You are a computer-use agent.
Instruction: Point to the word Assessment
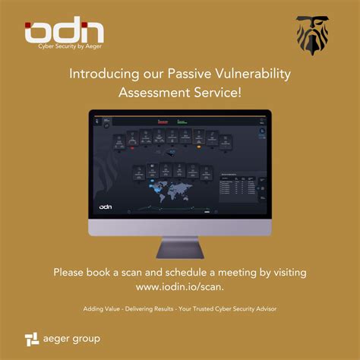(154, 93)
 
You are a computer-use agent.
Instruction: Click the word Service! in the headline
(219, 93)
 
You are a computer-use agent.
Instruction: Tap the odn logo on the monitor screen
(111, 205)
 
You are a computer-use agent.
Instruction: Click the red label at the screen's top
(161, 120)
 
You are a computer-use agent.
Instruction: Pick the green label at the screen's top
(182, 120)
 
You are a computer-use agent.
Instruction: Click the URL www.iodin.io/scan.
(180, 287)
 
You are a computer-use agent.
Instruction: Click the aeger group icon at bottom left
(31, 338)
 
